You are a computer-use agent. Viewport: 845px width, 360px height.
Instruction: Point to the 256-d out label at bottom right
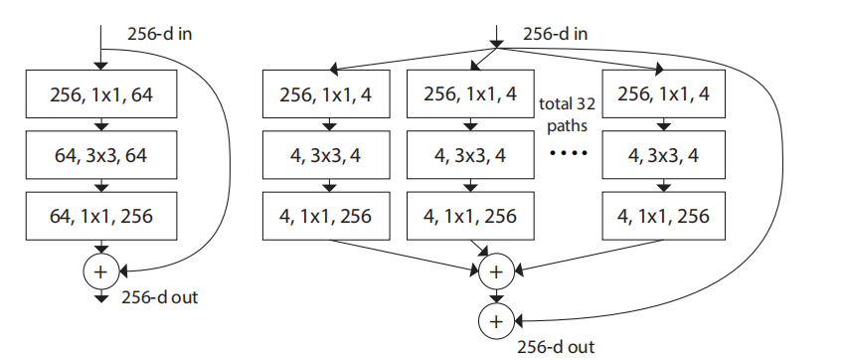[x=557, y=347]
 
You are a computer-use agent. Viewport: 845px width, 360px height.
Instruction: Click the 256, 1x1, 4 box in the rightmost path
[x=664, y=95]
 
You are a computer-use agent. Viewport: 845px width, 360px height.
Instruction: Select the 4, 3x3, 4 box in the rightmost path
[x=664, y=155]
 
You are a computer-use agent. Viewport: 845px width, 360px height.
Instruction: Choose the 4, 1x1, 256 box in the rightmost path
[x=664, y=215]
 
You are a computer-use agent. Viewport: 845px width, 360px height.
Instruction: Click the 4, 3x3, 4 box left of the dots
[x=470, y=155]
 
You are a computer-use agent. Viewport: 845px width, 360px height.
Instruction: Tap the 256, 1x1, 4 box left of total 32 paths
[x=470, y=95]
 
